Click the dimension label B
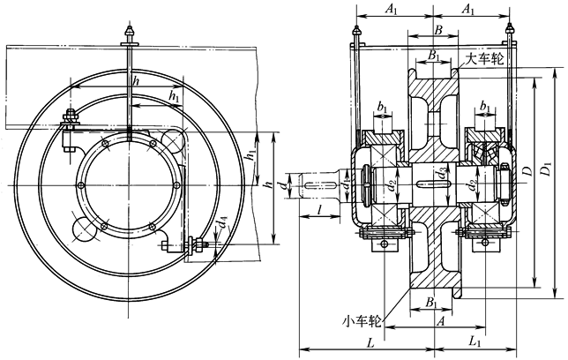click(x=439, y=29)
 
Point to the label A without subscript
click(x=439, y=321)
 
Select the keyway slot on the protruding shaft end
click(x=318, y=184)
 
